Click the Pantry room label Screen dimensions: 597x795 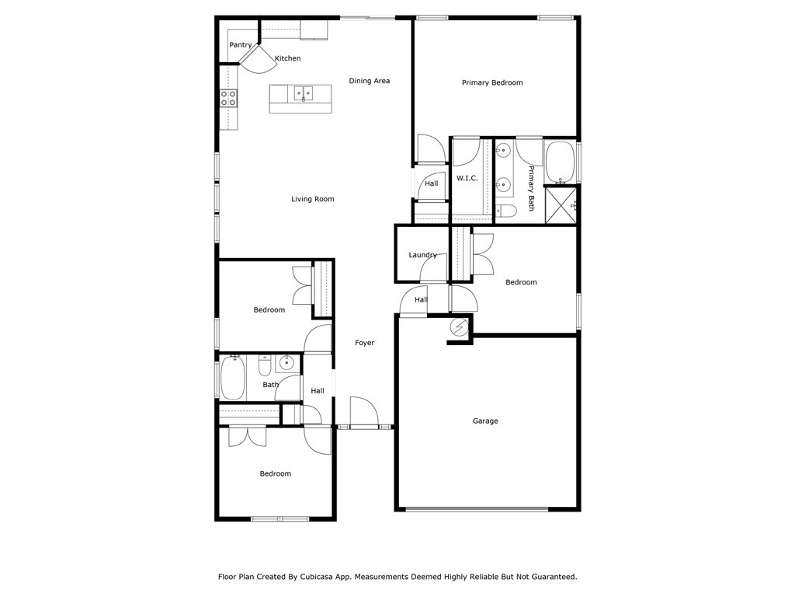240,45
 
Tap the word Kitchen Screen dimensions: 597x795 287,58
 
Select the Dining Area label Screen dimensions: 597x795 369,81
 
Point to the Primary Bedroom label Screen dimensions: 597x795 491,82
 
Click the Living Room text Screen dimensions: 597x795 312,199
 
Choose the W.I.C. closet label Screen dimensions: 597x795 467,178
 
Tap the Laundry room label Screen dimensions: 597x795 422,255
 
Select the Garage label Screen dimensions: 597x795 485,421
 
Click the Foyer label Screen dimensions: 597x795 364,343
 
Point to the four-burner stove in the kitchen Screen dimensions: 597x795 228,98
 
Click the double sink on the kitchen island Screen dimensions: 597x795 303,94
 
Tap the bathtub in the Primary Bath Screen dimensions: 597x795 559,161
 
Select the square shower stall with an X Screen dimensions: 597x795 559,205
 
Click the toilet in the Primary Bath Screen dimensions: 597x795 507,211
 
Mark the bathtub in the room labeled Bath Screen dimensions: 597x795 232,379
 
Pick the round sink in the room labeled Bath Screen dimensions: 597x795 286,361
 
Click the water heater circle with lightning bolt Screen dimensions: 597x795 459,327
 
